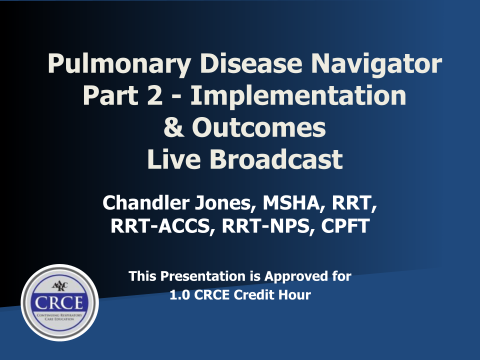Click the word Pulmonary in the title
pos(119,64)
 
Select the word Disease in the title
pos(251,63)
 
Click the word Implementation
pos(298,96)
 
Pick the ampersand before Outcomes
pos(174,127)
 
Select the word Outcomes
pos(258,127)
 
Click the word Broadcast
pos(276,159)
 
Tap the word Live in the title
pos(174,159)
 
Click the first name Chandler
pos(145,202)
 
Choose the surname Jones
pos(225,203)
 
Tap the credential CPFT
pos(345,226)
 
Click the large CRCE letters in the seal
pos(59,303)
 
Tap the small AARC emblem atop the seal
pos(59,286)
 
